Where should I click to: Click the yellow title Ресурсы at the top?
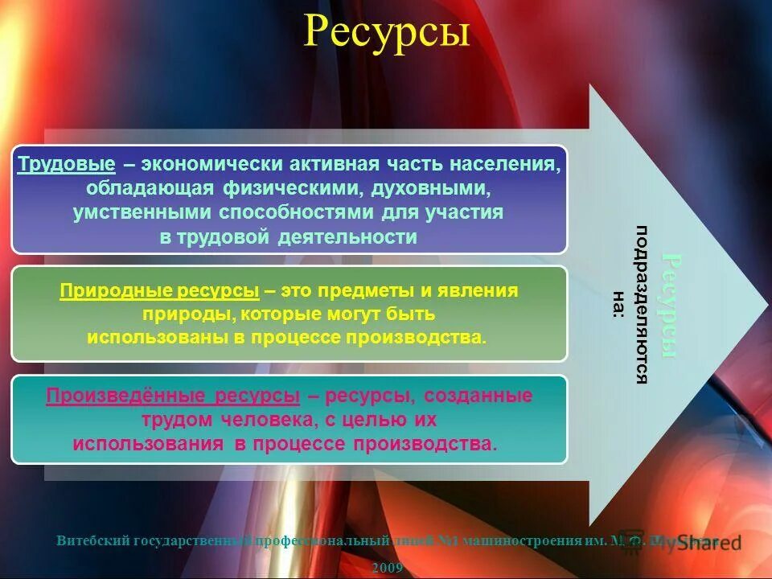[386, 34]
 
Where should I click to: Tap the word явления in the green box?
[485, 290]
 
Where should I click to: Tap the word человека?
[272, 420]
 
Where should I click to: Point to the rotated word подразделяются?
[642, 305]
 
